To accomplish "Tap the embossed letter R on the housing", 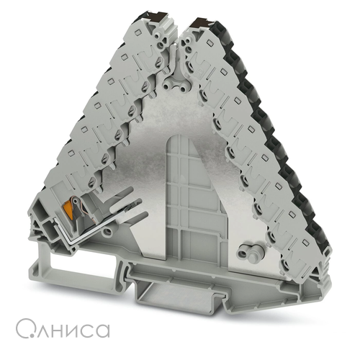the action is pos(200,71).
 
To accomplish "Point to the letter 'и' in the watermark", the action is pos(73,330).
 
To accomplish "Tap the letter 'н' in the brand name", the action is pos(58,330).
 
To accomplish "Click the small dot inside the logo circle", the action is pos(27,334).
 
